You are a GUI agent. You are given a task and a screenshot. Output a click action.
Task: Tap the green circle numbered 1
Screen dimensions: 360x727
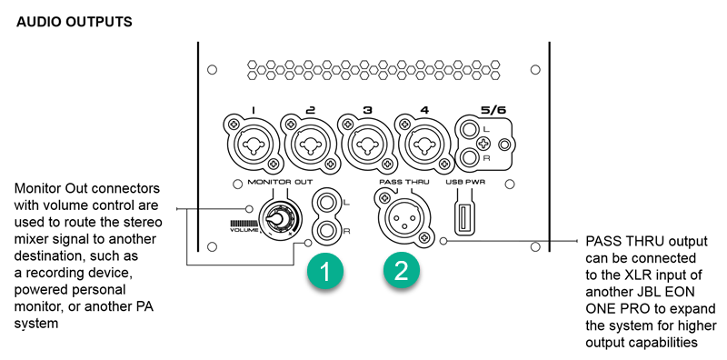tap(325, 270)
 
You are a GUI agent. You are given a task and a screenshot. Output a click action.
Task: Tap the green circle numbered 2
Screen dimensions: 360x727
tap(401, 270)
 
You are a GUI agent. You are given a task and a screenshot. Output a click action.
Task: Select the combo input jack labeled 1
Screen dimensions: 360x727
tap(253, 144)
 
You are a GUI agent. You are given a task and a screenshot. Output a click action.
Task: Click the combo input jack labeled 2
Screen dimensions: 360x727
tap(310, 144)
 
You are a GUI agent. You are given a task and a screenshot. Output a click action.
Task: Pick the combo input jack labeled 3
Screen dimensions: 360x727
tap(367, 144)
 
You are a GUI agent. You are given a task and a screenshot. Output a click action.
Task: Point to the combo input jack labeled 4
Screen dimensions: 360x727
tap(424, 144)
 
